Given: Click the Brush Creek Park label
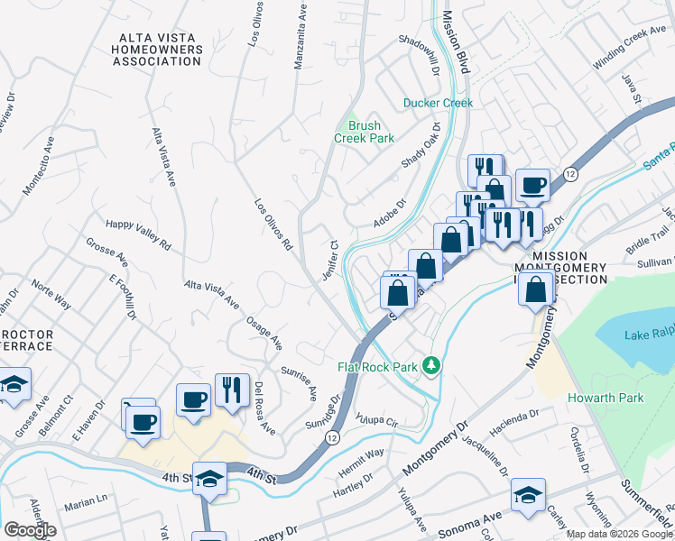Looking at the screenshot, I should [x=364, y=132].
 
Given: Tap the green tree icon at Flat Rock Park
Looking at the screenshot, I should [x=432, y=365].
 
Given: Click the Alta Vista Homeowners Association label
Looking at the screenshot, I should [x=159, y=49].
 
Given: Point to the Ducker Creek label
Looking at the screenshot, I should [x=438, y=103].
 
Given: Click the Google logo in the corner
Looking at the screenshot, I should [x=30, y=530].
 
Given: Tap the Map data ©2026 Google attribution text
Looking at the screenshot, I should [x=619, y=534].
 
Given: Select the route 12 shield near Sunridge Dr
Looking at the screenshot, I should [x=332, y=437].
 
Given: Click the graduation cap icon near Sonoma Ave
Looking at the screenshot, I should [x=528, y=493].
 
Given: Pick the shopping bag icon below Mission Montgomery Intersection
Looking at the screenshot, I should [x=537, y=290].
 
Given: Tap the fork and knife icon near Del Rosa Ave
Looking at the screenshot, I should [x=232, y=390].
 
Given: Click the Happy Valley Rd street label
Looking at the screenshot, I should [x=138, y=234].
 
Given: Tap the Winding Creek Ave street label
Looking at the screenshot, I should [x=629, y=50].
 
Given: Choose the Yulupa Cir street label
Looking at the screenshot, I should [x=376, y=420].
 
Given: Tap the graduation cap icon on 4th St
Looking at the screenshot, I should [x=210, y=478].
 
